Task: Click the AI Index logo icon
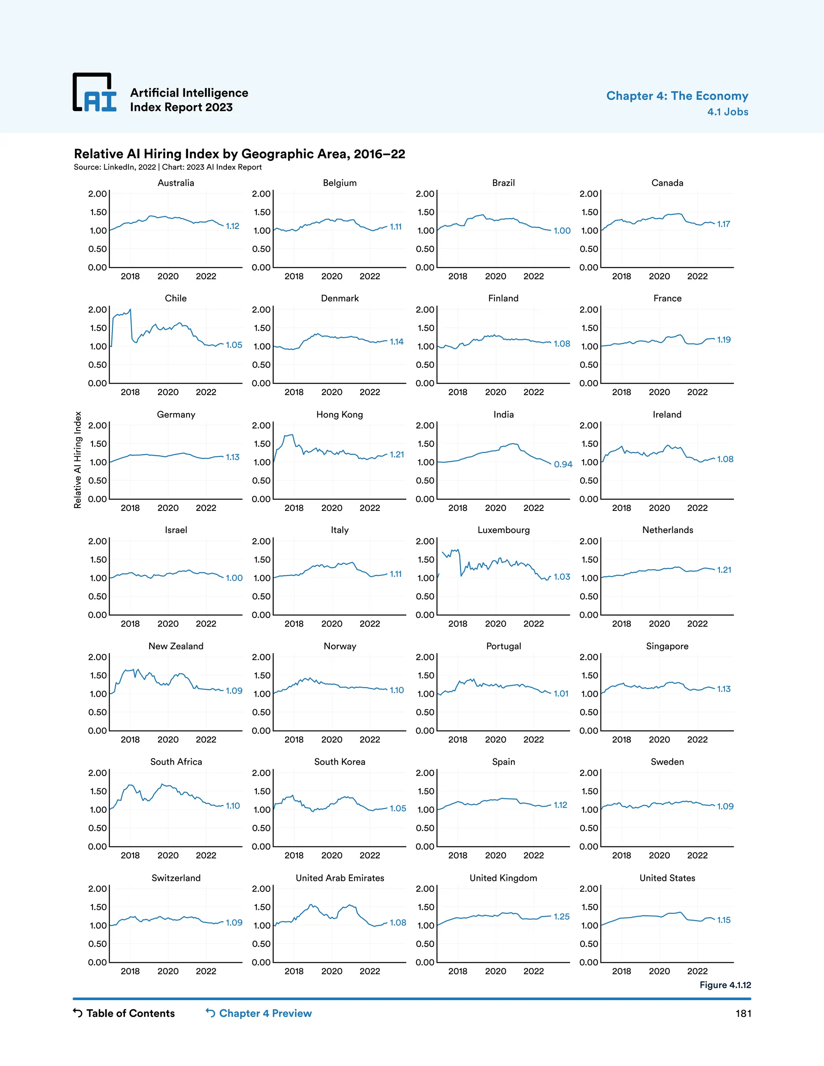[x=95, y=93]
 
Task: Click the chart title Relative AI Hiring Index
[x=239, y=154]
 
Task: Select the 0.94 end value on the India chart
[x=563, y=464]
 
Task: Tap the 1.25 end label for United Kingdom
[x=561, y=917]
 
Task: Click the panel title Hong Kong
[x=339, y=414]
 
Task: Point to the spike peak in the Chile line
[x=130, y=309]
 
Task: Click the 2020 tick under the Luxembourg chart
[x=495, y=624]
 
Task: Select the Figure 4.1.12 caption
[x=725, y=985]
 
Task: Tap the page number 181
[x=743, y=1014]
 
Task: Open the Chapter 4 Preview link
[x=265, y=1013]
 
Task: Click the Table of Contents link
[x=130, y=1013]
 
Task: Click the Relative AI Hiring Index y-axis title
[x=78, y=460]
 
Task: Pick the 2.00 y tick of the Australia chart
[x=97, y=194]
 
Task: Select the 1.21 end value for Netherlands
[x=724, y=570]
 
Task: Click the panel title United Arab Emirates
[x=340, y=878]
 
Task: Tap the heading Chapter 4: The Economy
[x=677, y=96]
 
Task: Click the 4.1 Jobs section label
[x=727, y=112]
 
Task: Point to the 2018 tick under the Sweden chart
[x=621, y=855]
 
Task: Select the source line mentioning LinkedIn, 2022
[x=167, y=167]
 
